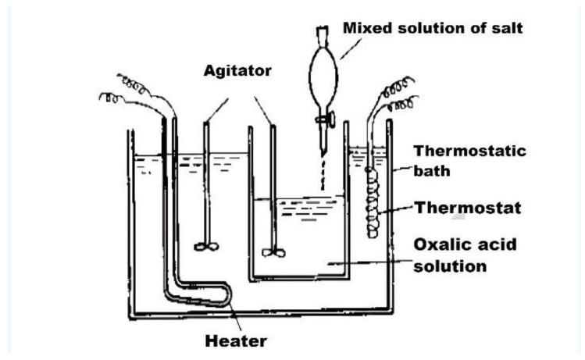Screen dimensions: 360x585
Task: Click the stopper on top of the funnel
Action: click(x=321, y=34)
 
